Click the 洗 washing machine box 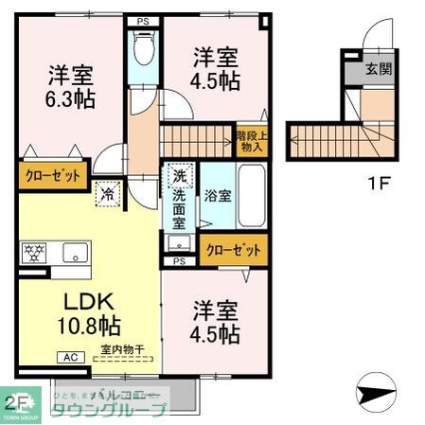point(179,176)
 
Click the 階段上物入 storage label point(250,141)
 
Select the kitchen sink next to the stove point(75,253)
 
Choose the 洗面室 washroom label point(178,207)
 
